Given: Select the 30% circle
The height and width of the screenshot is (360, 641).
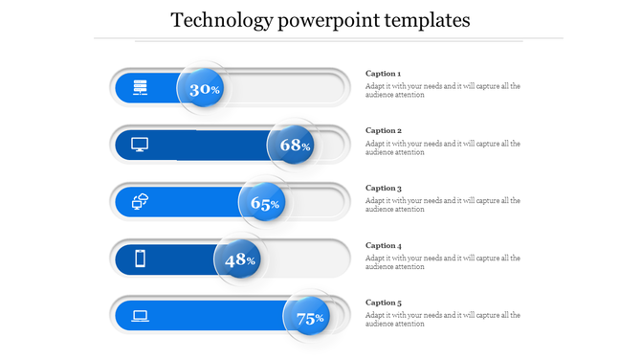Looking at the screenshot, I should (202, 89).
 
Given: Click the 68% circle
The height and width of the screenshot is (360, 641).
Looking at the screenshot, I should (293, 146).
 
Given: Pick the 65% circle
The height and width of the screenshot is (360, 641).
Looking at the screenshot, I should (263, 203).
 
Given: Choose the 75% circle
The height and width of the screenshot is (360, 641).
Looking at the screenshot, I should (308, 319).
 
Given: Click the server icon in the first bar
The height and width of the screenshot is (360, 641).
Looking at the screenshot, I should (140, 88).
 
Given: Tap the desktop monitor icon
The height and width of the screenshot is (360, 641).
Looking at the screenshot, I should (140, 146).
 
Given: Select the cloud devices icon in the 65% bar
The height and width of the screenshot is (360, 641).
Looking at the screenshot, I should (140, 201).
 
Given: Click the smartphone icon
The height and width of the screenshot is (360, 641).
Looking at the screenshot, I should (140, 259).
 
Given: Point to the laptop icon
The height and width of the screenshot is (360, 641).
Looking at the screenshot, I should (140, 315).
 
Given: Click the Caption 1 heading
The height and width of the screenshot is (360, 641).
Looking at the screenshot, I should (384, 74).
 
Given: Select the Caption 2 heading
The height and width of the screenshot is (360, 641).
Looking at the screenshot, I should (384, 130).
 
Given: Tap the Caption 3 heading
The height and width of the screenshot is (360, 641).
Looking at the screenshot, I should (384, 189).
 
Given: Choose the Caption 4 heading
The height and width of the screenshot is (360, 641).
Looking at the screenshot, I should (384, 246).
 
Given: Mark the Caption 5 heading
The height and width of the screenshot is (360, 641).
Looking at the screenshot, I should (384, 303).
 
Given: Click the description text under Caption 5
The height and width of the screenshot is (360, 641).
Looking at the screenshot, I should (442, 320).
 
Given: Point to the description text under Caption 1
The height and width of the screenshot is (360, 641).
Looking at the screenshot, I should (442, 90).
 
